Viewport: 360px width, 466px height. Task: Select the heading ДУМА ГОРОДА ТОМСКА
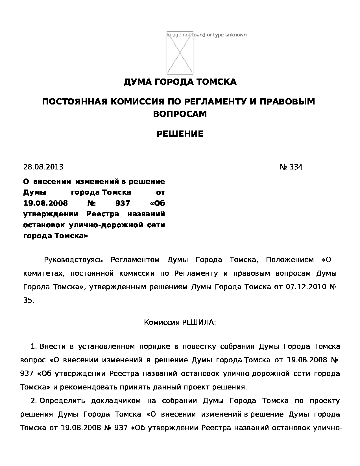(180, 82)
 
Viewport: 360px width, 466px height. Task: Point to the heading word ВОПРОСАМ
(180, 114)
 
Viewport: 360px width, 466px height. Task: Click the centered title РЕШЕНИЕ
(180, 134)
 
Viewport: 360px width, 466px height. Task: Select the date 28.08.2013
(43, 167)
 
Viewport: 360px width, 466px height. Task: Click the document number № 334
(291, 167)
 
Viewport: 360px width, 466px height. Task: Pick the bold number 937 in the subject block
(123, 203)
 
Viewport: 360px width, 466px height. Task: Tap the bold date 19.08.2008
(45, 203)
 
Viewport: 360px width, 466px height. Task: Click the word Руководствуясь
(73, 260)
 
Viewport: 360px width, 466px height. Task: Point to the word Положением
(290, 260)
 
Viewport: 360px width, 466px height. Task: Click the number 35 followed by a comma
(28, 300)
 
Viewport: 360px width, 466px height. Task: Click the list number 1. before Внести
(34, 347)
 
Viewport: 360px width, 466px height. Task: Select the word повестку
(199, 347)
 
